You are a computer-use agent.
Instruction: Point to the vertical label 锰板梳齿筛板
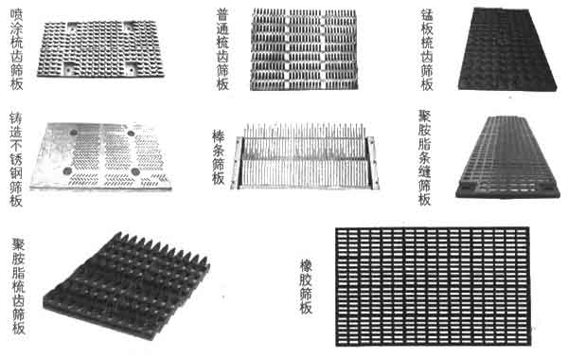[x=426, y=49]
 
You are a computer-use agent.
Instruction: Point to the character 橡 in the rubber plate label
[x=307, y=266]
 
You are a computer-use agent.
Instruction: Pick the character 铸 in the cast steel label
[x=16, y=119]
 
